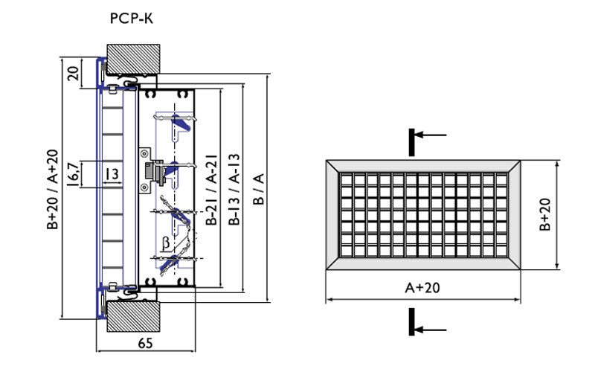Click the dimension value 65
click(146, 342)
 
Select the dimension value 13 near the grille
click(112, 174)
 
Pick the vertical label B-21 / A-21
click(210, 189)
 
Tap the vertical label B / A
click(258, 189)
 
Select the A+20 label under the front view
click(420, 288)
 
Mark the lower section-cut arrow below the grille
click(428, 328)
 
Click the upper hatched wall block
click(133, 58)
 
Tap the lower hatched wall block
click(133, 316)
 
